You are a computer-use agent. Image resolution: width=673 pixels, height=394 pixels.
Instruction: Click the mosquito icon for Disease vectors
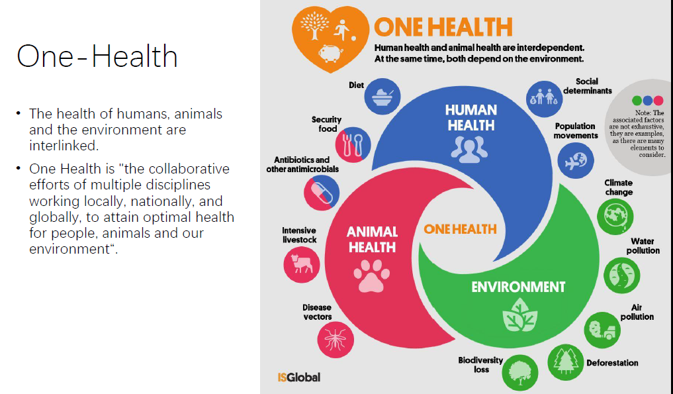point(336,340)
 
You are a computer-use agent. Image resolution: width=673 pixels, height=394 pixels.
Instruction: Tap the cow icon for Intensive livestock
point(302,264)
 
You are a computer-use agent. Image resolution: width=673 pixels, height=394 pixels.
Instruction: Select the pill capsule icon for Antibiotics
point(322,193)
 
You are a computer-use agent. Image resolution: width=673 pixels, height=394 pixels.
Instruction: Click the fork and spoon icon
point(353,144)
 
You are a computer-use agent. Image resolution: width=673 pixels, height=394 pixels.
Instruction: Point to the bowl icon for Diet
point(382,96)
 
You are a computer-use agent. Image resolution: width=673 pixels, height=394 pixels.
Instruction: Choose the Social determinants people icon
point(544,99)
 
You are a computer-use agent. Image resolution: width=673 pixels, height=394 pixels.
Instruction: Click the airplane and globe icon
point(576,161)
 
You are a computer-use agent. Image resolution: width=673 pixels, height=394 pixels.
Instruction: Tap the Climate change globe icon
point(615,216)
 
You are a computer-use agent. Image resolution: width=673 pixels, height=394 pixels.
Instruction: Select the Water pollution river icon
point(621,275)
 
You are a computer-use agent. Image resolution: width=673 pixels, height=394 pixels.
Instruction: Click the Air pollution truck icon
point(602,330)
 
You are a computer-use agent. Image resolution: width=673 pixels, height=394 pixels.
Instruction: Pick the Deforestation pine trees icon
point(566,362)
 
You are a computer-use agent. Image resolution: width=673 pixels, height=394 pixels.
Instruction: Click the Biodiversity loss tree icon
point(520,373)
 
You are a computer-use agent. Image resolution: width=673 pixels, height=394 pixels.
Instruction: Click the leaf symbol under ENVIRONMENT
point(519,316)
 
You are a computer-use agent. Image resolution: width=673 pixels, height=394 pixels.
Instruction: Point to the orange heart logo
point(330,38)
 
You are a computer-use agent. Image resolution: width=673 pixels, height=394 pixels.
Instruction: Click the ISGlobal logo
point(298,377)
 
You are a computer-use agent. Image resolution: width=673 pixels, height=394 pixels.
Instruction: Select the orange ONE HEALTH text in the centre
point(460,229)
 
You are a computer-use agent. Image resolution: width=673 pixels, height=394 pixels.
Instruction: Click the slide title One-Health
point(97,56)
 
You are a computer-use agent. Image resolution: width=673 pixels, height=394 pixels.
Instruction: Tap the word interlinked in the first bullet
point(64,146)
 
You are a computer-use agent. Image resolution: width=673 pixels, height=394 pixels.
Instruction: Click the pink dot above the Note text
point(658,101)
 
